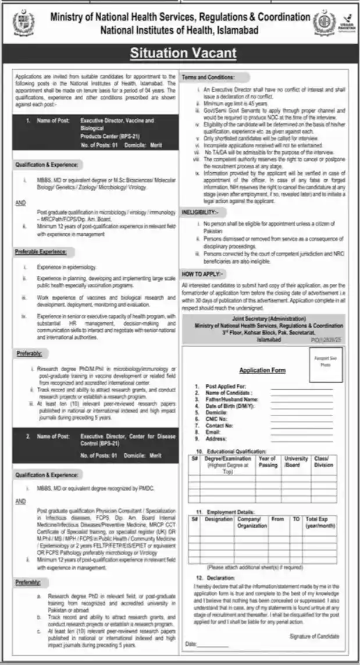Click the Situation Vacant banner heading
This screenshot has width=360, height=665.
[183, 54]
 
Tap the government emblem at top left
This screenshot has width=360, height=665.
[23, 23]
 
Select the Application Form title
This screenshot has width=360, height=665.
[262, 371]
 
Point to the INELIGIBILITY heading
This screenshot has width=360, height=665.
[202, 212]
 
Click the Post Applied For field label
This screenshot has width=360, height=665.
[227, 386]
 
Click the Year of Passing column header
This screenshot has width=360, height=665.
[268, 462]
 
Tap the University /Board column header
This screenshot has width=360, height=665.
[296, 462]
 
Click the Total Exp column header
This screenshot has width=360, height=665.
[320, 521]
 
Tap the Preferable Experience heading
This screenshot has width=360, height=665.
[41, 252]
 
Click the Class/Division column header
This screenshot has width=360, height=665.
[323, 462]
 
